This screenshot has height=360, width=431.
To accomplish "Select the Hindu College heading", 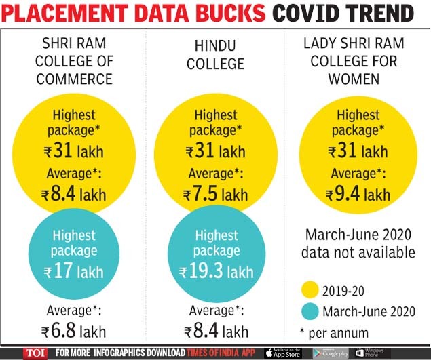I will point(217,55).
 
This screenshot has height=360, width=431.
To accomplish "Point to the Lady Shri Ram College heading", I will point(358,61).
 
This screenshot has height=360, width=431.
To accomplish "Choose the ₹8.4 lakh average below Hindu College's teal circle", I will point(215,332).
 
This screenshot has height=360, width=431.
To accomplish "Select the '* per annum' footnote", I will point(336,333).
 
